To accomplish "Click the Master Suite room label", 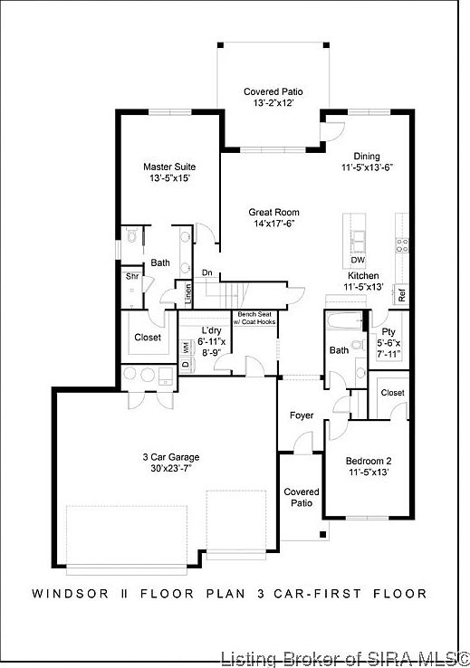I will point(169,167).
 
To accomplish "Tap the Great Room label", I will point(273,213).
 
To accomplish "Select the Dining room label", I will point(367,156).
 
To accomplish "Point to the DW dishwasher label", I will point(358,260).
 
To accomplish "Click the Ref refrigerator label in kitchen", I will point(402,294).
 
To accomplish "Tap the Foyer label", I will point(302,415).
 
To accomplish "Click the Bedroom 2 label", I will point(368,461).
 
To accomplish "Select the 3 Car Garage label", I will point(171,457).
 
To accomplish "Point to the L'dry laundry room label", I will point(213,329).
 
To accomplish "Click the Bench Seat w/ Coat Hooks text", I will point(254,317).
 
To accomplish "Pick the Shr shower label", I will point(131,276).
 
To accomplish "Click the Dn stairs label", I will point(207,272).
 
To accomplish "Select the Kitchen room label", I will point(363,275).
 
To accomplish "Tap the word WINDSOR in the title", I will point(68,595).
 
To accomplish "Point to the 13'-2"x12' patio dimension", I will point(273,104).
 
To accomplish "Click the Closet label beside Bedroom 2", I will point(392,393).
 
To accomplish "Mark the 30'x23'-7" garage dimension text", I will point(171,469).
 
